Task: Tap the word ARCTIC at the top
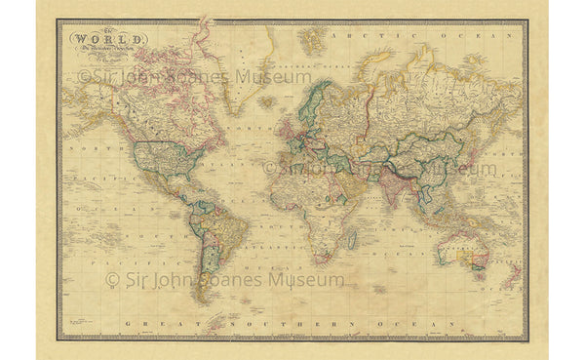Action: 353,33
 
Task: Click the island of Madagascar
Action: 350,236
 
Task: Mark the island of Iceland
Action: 265,100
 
